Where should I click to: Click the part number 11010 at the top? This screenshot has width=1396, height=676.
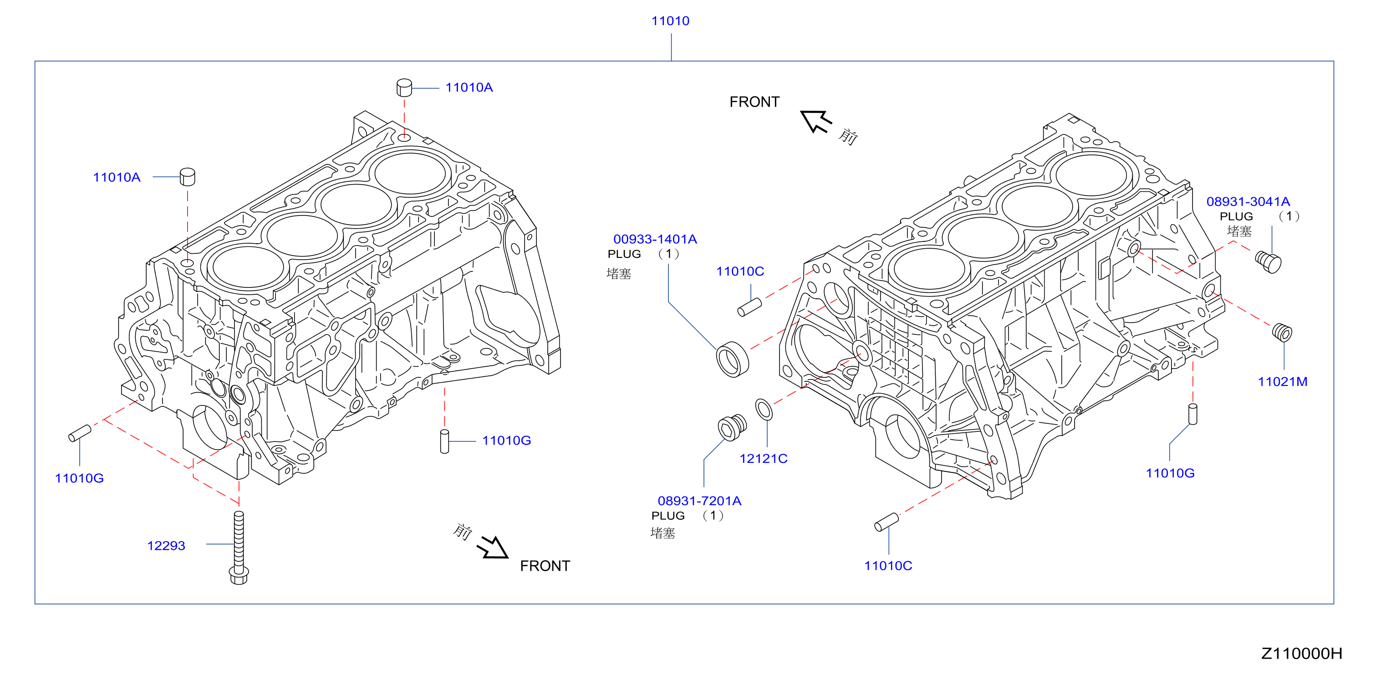[670, 21]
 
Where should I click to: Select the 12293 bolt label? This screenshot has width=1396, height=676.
[166, 546]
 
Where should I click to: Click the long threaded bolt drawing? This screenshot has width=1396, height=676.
[239, 548]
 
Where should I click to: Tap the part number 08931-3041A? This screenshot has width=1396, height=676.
[1248, 202]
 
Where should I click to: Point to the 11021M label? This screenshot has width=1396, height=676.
[1282, 382]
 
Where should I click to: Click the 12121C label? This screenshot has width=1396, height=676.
[763, 459]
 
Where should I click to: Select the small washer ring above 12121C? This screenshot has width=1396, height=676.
[764, 409]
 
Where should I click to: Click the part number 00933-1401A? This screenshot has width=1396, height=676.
[655, 239]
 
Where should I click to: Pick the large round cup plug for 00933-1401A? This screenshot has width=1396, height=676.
[732, 359]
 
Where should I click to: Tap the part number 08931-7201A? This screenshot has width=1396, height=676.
[699, 501]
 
